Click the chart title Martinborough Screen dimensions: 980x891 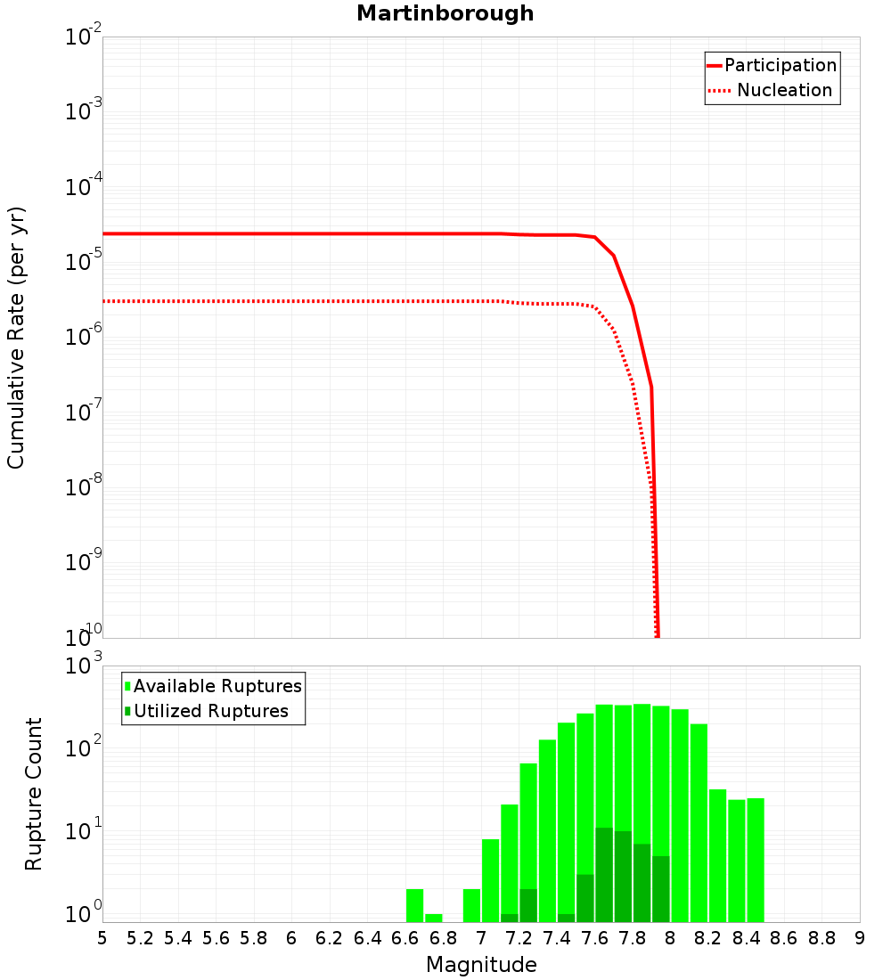click(445, 13)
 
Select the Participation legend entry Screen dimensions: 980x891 click(780, 65)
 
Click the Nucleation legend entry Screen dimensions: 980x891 click(783, 90)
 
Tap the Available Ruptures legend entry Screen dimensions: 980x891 click(217, 686)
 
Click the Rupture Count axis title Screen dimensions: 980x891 click(34, 793)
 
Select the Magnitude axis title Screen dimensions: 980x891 click(481, 965)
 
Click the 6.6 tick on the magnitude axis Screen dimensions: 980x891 click(405, 938)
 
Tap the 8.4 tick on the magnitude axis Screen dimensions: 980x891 click(747, 938)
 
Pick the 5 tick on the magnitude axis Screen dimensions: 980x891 click(102, 938)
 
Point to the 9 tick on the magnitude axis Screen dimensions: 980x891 click(860, 938)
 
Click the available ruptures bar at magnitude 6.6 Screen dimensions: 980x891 click(414, 905)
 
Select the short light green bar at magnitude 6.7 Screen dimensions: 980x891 click(434, 918)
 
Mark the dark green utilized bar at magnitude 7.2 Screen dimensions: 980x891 click(528, 905)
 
